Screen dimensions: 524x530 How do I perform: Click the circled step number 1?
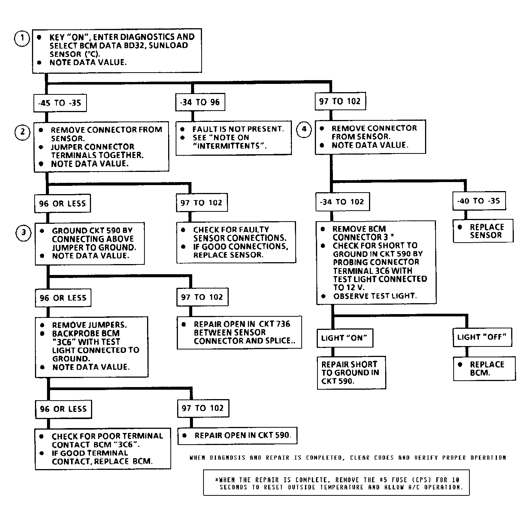pyautogui.click(x=22, y=38)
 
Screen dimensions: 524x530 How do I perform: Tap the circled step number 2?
pyautogui.click(x=23, y=132)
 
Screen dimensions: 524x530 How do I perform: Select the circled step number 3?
pyautogui.click(x=24, y=232)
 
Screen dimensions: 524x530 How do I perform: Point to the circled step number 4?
pyautogui.click(x=304, y=130)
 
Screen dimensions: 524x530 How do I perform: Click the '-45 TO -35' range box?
pyautogui.click(x=60, y=103)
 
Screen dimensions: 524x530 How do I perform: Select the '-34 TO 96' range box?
pyautogui.click(x=200, y=102)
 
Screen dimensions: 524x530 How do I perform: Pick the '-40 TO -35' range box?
pyautogui.click(x=478, y=201)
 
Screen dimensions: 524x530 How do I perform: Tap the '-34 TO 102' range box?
pyautogui.click(x=342, y=202)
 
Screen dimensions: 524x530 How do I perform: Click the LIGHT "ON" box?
pyautogui.click(x=344, y=338)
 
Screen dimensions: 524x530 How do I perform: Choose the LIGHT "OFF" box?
pyautogui.click(x=482, y=337)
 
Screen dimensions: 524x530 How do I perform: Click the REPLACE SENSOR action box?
pyautogui.click(x=483, y=231)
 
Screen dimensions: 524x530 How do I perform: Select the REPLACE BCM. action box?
pyautogui.click(x=484, y=369)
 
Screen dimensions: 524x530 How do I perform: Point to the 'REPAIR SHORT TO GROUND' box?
pyautogui.click(x=351, y=372)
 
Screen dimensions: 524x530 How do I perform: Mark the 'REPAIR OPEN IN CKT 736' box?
pyautogui.click(x=239, y=332)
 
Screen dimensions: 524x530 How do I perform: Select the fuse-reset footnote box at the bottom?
pyautogui.click(x=336, y=483)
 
